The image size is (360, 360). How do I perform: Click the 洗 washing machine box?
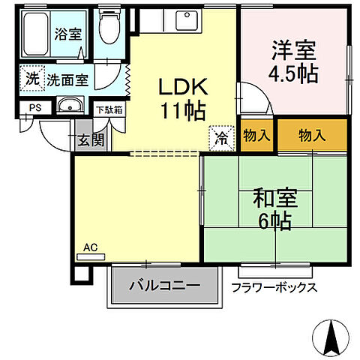pos(31,79)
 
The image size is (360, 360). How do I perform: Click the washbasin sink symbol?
pos(70,105)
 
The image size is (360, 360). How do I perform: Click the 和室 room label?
pos(274,199)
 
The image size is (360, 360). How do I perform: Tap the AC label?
pos(90,247)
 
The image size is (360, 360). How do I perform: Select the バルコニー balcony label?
pos(163,286)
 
